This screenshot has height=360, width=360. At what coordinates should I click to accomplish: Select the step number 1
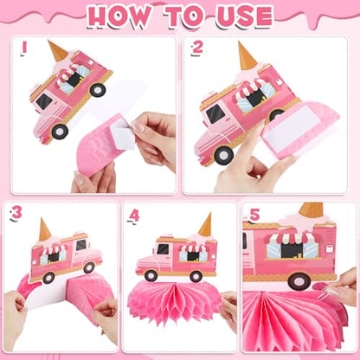click(x=24, y=48)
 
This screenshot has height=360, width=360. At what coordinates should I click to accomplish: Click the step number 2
click(x=197, y=48)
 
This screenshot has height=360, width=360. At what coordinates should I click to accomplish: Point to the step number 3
click(x=16, y=214)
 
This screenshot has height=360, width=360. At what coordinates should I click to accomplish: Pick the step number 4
click(x=134, y=215)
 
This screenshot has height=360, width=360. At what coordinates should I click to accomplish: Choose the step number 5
click(x=254, y=215)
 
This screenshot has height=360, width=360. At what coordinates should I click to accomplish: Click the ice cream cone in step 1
click(x=58, y=51)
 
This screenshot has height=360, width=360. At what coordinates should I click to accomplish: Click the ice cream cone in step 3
click(x=45, y=229)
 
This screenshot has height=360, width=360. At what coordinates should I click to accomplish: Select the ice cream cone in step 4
click(x=205, y=224)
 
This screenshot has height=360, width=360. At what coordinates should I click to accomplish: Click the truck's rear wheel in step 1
click(x=98, y=89)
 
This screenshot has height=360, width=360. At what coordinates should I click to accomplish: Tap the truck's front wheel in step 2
click(x=224, y=155)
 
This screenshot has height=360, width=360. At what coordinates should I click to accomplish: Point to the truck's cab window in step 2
click(x=215, y=113)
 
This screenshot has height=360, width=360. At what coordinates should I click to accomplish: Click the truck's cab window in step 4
click(x=163, y=249)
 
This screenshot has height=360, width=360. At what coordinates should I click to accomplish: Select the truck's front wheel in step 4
click(x=151, y=276)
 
